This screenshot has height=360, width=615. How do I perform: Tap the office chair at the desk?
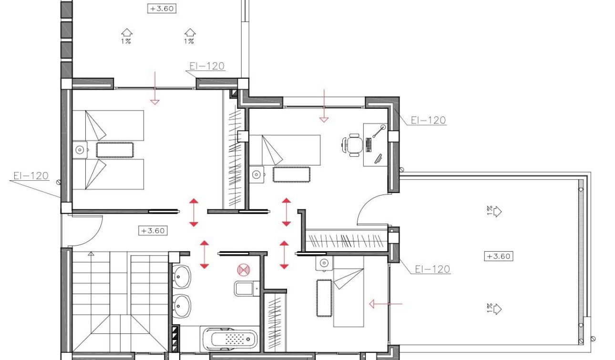click(x=352, y=145)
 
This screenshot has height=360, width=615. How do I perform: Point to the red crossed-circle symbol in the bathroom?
click(x=244, y=270)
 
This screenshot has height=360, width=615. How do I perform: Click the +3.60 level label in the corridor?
click(x=153, y=231)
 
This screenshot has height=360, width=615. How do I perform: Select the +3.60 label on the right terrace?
click(x=499, y=256)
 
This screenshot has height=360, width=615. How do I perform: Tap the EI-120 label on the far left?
click(x=31, y=176)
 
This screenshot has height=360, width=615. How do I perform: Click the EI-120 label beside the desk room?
click(x=428, y=120)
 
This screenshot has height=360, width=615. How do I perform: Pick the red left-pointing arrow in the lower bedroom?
click(x=385, y=303)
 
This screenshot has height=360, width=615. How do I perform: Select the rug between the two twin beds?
click(x=115, y=150)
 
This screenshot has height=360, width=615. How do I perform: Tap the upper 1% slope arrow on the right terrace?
click(x=495, y=211)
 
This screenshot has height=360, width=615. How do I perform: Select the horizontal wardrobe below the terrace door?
click(x=346, y=240)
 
